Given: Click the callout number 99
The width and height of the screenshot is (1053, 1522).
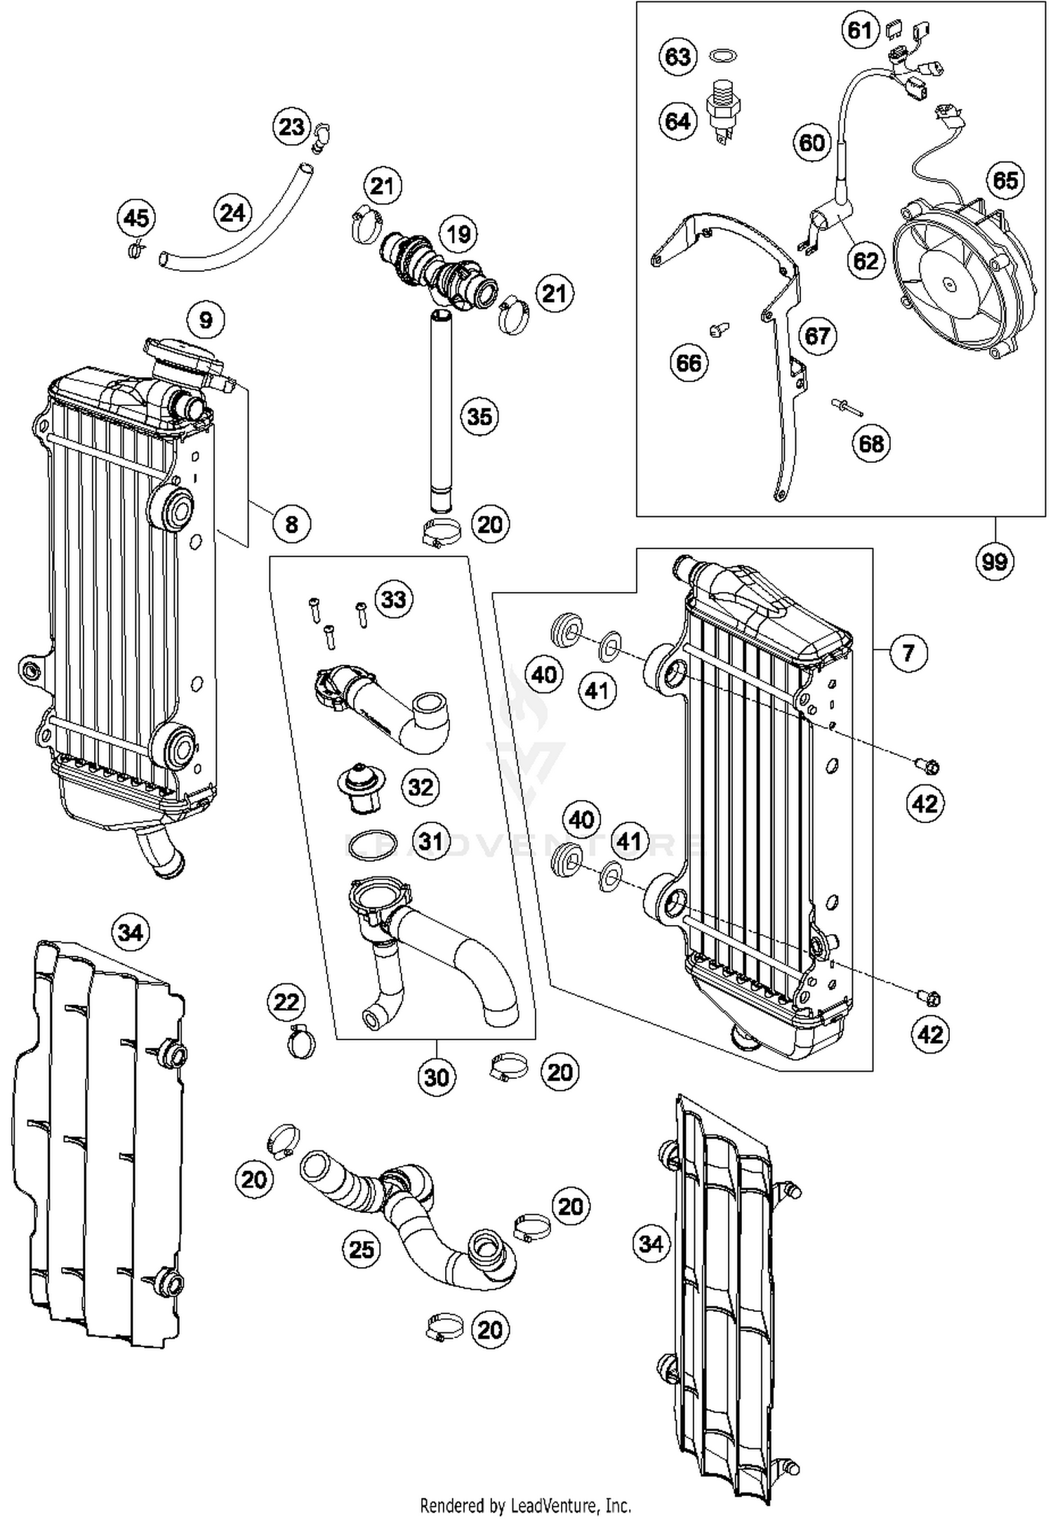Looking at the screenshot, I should pyautogui.click(x=994, y=562).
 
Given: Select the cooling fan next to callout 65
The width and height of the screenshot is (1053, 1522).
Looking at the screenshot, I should pyautogui.click(x=962, y=281).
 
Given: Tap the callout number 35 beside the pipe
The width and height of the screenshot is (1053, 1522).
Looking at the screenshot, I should pyautogui.click(x=479, y=416).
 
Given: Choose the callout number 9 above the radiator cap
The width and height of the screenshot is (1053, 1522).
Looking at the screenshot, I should pyautogui.click(x=206, y=320).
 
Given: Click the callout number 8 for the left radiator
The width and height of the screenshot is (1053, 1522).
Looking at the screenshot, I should pyautogui.click(x=291, y=523).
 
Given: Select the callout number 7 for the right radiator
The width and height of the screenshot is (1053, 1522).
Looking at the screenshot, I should pyautogui.click(x=908, y=652).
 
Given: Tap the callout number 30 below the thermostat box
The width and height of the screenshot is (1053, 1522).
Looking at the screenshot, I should pyautogui.click(x=437, y=1077).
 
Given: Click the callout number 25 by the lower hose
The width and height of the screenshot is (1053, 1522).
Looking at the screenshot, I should pyautogui.click(x=362, y=1249).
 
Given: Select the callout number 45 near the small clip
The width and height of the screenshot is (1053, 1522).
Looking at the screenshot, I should pyautogui.click(x=136, y=217).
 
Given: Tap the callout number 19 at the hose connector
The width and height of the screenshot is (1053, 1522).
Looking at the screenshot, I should pyautogui.click(x=458, y=233).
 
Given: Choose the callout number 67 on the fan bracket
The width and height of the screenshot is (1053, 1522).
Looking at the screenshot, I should pyautogui.click(x=817, y=336).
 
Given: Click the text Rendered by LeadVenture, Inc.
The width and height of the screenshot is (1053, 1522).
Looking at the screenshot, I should pyautogui.click(x=525, y=1505).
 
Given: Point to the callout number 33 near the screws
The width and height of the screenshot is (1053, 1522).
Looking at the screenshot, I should pyautogui.click(x=393, y=600).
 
